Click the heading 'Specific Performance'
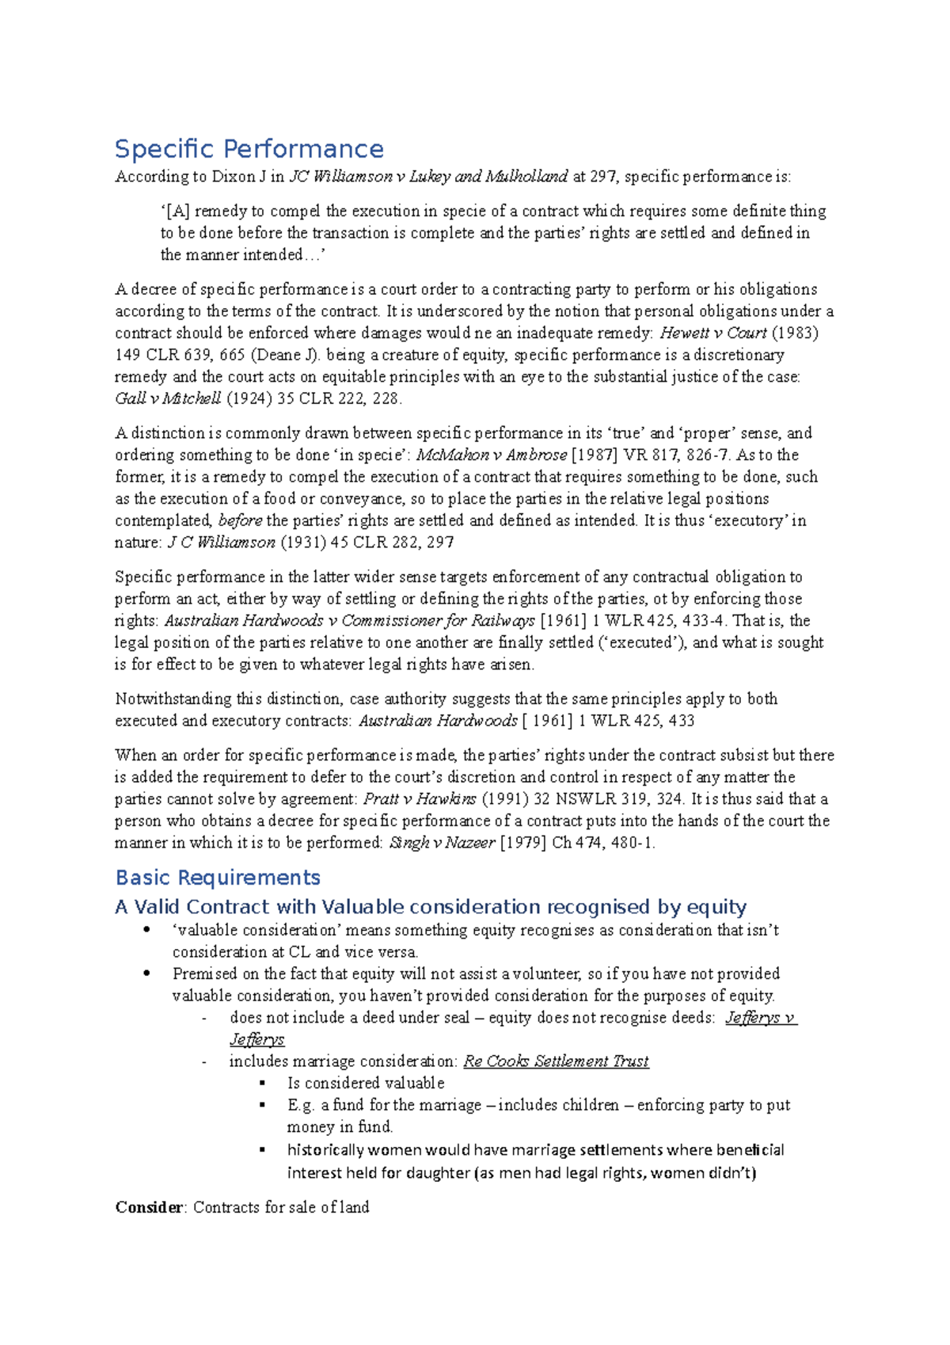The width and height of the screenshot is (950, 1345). [x=249, y=149]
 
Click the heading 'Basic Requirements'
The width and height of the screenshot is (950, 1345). [x=218, y=878]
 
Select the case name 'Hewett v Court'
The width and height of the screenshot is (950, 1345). [x=712, y=333]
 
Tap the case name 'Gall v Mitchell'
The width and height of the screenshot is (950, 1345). [x=168, y=398]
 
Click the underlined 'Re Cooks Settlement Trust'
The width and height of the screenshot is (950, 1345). [x=556, y=1061]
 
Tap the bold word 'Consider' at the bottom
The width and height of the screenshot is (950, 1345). [x=149, y=1207]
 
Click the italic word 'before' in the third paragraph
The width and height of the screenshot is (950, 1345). [x=240, y=520]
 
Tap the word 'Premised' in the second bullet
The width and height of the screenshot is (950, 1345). [x=204, y=974]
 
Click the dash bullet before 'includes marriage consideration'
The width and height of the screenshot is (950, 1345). [x=204, y=1061]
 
